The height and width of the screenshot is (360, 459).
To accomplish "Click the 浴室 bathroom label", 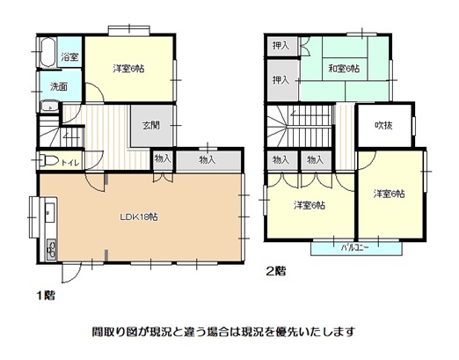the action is tap(69, 56).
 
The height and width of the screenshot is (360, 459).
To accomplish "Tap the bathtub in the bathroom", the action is tap(47, 53).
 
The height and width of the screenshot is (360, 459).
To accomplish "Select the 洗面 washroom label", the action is tap(59, 86).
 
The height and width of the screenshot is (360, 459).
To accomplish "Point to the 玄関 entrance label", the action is tap(151, 126).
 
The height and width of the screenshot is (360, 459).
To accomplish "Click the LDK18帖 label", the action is tap(139, 217).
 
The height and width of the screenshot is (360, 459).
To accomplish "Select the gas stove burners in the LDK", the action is tap(52, 250).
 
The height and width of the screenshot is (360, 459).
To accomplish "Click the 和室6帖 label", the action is tap(344, 69).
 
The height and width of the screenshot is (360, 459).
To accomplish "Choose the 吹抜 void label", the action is tap(383, 126).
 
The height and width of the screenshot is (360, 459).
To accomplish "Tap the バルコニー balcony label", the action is tap(354, 248).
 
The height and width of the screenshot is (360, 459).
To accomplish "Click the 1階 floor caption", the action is tap(46, 295).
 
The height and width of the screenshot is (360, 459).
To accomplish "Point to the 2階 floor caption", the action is tap(276, 271).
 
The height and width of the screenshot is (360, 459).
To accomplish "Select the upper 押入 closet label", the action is tap(281, 46).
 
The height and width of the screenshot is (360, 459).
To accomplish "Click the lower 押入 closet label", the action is tap(281, 79).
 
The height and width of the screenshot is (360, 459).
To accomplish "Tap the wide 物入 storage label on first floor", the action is tap(208, 160).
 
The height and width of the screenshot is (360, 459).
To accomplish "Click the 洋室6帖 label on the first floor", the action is tap(128, 69).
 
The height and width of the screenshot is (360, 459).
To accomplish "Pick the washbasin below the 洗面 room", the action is tap(49, 106).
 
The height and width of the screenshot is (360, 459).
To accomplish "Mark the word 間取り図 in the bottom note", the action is tap(113, 332).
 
